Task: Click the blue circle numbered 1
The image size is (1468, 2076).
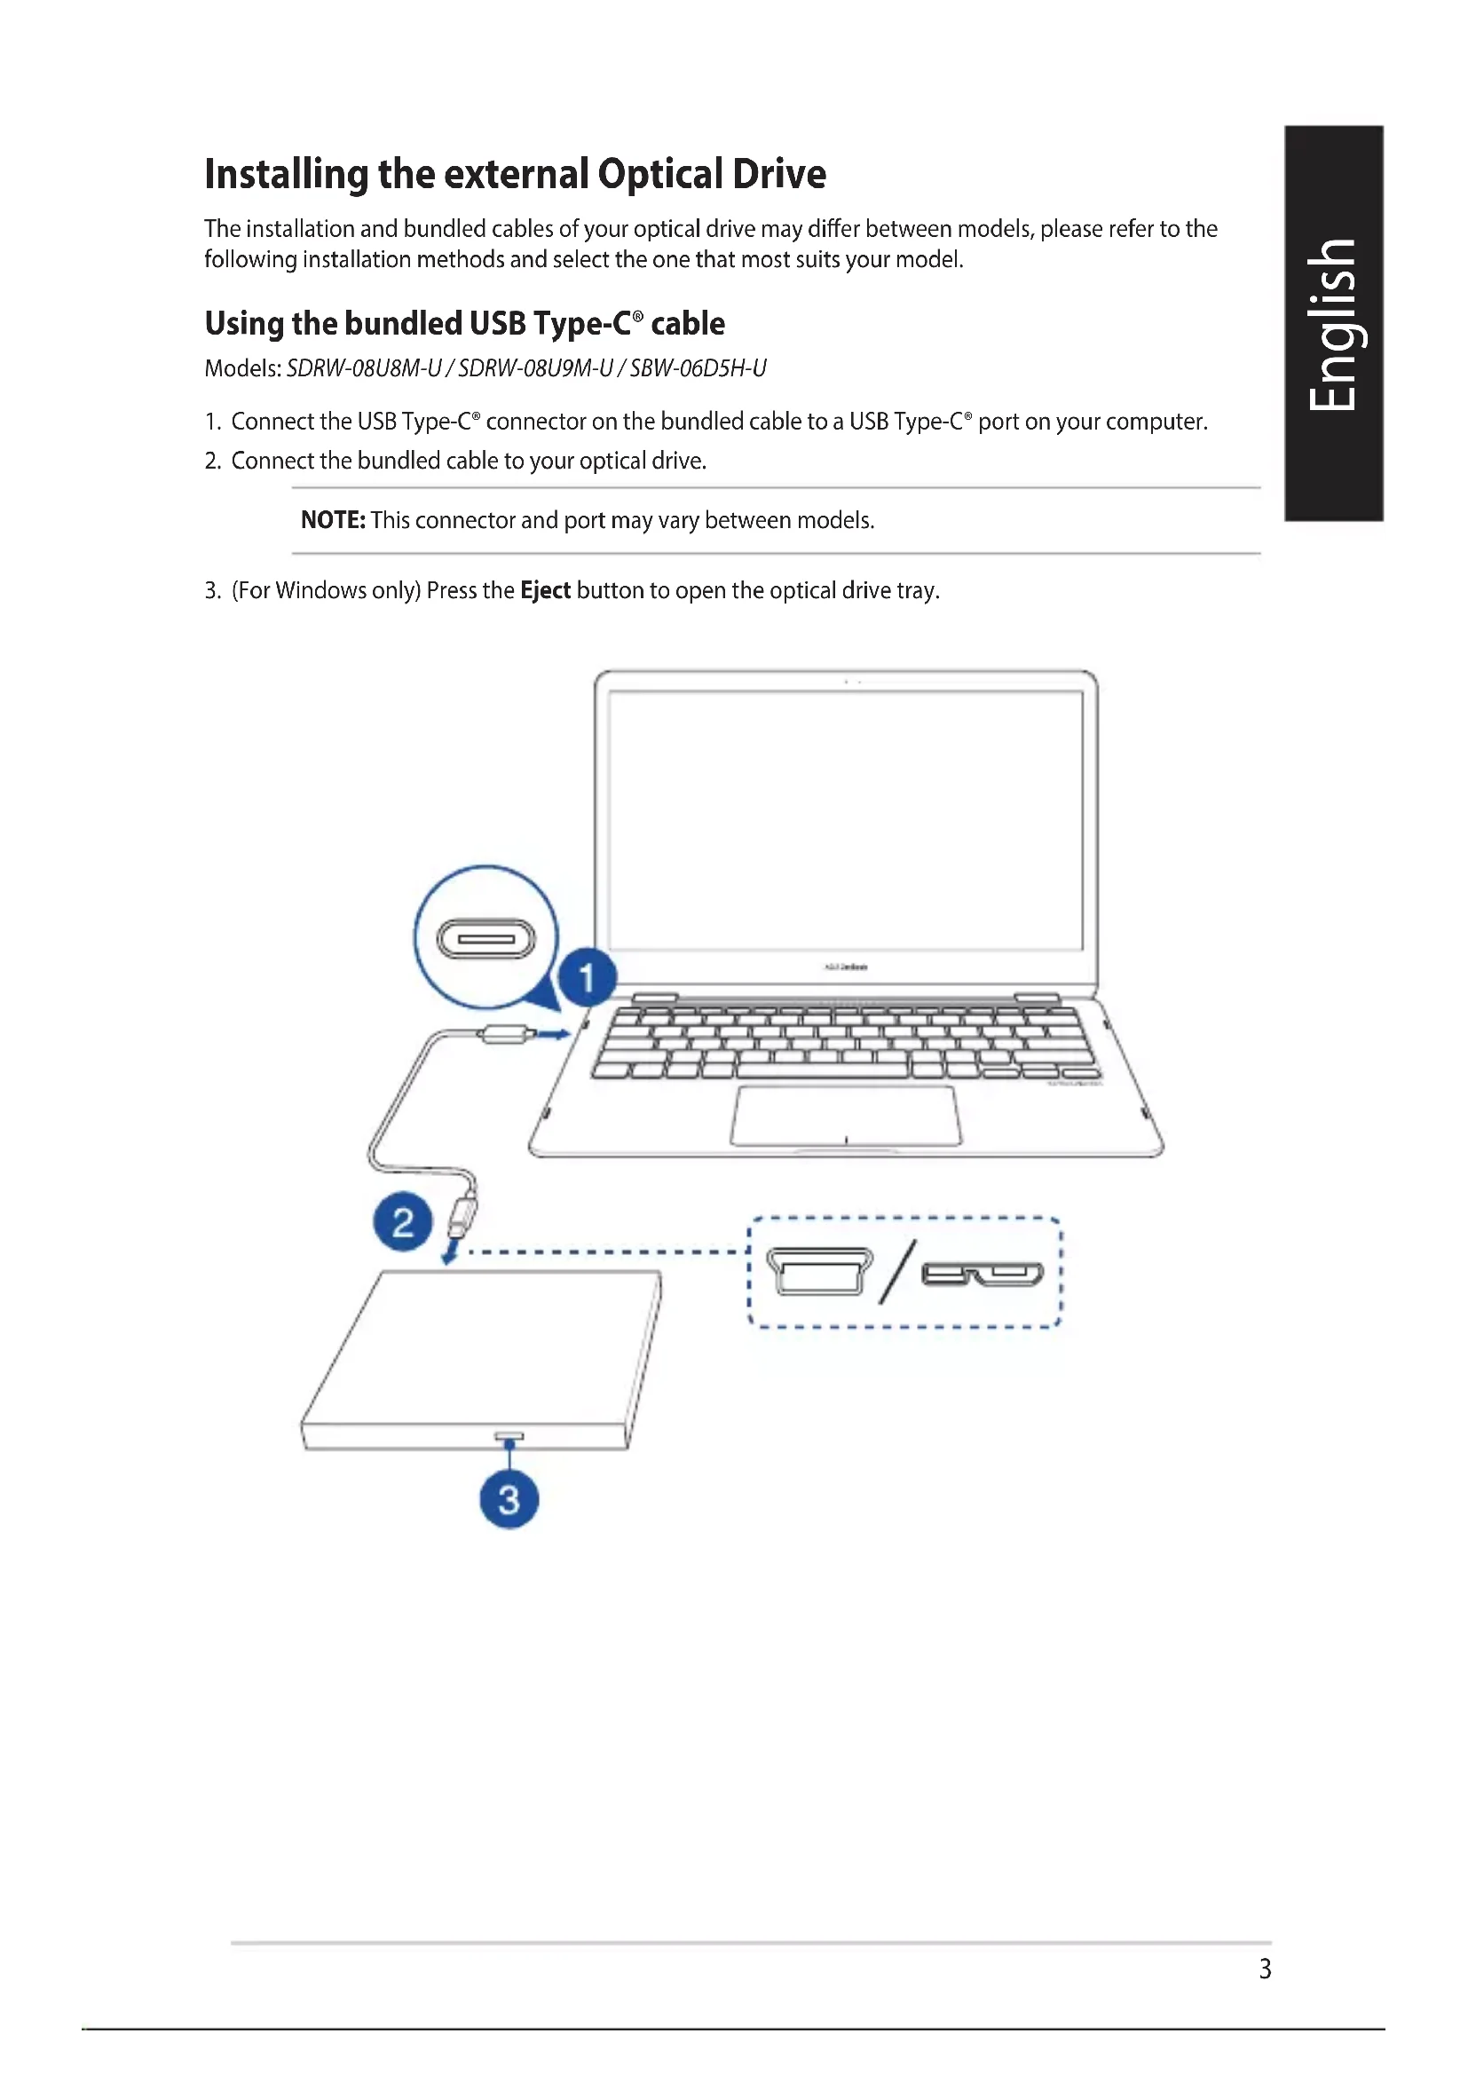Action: click(x=587, y=977)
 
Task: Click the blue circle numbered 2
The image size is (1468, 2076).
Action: click(x=402, y=1221)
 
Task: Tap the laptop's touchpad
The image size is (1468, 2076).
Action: click(x=845, y=1116)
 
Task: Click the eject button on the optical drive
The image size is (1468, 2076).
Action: click(x=509, y=1436)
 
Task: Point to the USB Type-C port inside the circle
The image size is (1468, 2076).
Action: click(x=486, y=938)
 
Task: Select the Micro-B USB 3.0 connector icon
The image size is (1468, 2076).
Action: click(x=982, y=1274)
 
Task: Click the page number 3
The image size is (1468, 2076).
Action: click(x=1265, y=1969)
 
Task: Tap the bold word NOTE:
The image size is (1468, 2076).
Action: click(x=333, y=520)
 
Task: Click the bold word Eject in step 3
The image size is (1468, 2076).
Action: click(x=545, y=590)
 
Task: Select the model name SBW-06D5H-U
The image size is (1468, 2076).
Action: click(x=698, y=368)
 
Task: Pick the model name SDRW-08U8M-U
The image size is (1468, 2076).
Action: click(x=364, y=368)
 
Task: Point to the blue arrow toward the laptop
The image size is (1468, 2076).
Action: click(x=553, y=1033)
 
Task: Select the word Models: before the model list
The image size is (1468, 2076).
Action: click(x=243, y=368)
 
